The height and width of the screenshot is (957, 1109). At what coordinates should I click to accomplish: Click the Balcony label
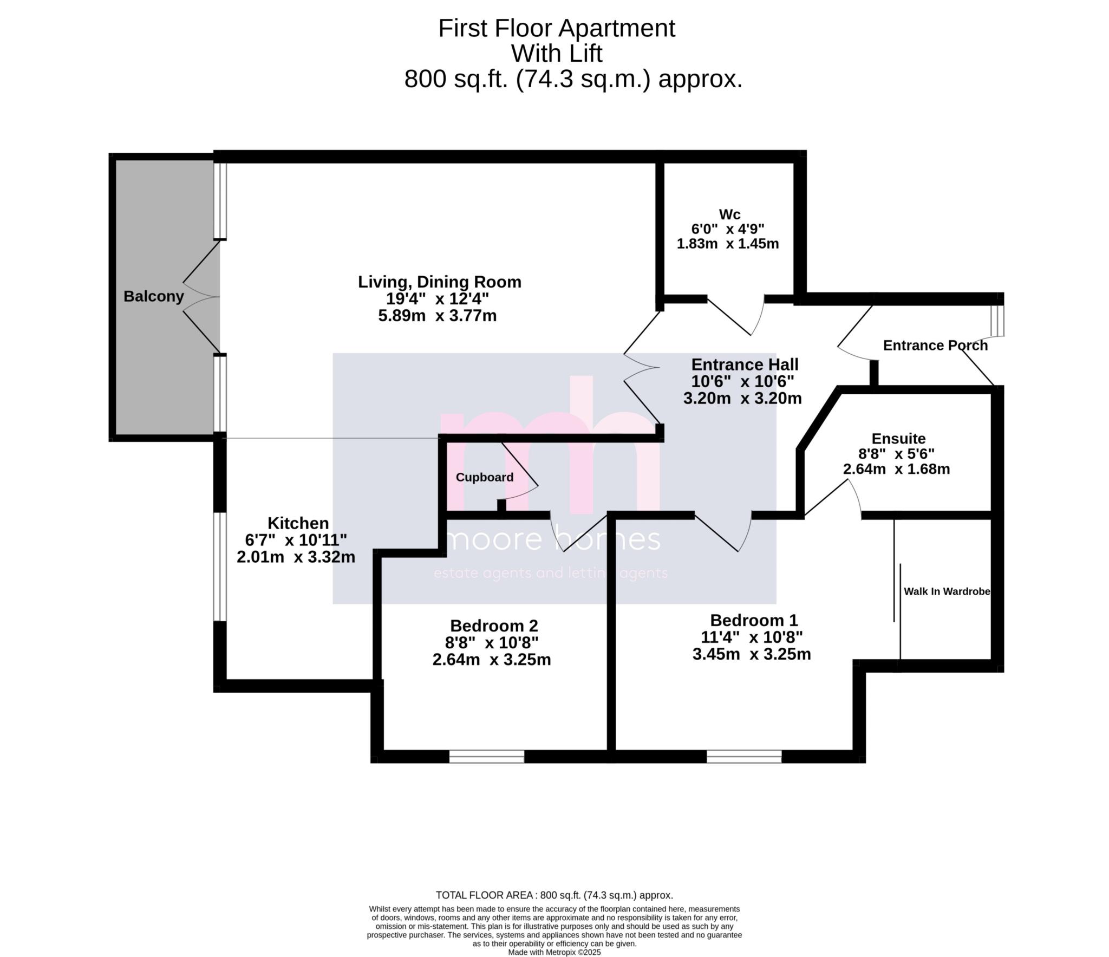154,297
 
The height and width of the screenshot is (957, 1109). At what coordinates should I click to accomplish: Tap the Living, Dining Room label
439,282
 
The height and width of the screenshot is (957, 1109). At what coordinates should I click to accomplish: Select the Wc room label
729,214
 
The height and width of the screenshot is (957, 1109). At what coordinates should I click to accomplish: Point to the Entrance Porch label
935,346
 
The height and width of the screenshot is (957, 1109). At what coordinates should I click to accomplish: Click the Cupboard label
485,477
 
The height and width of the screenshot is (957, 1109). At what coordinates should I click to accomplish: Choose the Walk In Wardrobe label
947,592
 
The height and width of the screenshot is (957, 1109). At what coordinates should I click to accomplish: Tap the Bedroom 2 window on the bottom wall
487,757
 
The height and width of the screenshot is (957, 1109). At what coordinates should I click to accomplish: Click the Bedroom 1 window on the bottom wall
744,757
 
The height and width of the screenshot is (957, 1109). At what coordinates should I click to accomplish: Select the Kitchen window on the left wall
220,567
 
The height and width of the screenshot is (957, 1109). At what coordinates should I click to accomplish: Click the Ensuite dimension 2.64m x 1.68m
896,469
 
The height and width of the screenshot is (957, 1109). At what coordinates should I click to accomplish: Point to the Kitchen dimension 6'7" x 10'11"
296,540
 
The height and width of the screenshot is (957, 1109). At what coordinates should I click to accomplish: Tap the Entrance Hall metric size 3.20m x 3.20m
742,399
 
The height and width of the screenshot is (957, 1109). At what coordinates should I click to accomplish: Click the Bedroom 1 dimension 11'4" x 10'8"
752,637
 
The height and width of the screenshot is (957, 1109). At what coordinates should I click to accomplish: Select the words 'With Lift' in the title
557,54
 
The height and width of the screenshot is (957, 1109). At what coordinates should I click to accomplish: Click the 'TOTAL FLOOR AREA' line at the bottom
554,895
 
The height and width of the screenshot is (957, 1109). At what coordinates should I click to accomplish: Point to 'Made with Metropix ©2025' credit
554,952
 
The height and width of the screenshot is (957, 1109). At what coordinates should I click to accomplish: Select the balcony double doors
201,297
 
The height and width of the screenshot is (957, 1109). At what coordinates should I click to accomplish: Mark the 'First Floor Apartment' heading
557,28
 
